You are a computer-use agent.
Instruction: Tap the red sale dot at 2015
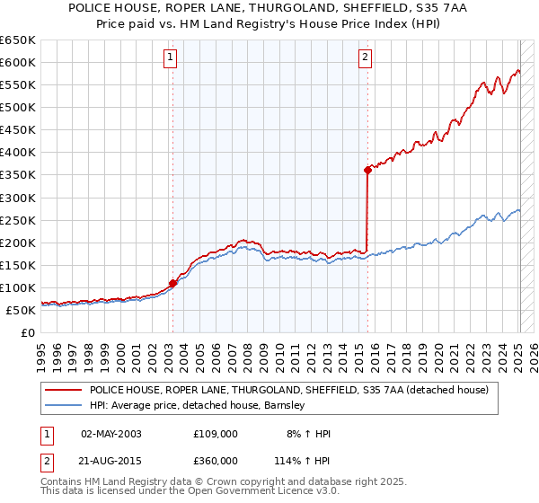[x=367, y=170]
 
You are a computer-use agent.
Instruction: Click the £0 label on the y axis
[x=27, y=332]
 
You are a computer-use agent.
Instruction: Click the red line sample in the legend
[x=62, y=390]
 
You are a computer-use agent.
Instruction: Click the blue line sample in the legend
[x=62, y=405]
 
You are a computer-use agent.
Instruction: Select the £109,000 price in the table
[x=216, y=433]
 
